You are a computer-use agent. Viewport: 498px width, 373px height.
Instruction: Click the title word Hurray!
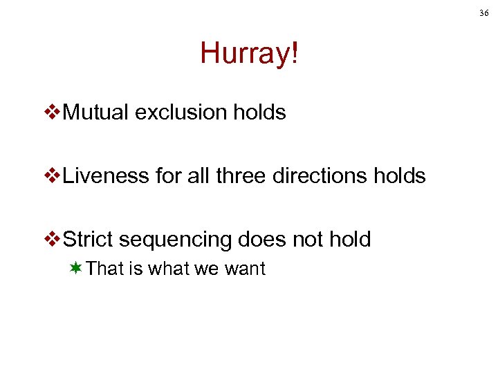(x=250, y=53)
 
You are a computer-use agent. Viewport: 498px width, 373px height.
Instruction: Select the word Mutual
(x=96, y=113)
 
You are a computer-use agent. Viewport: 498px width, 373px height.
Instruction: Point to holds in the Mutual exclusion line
(x=260, y=113)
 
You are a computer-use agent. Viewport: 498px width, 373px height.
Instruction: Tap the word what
(x=168, y=269)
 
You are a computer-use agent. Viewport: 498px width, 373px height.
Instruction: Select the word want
(x=243, y=269)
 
